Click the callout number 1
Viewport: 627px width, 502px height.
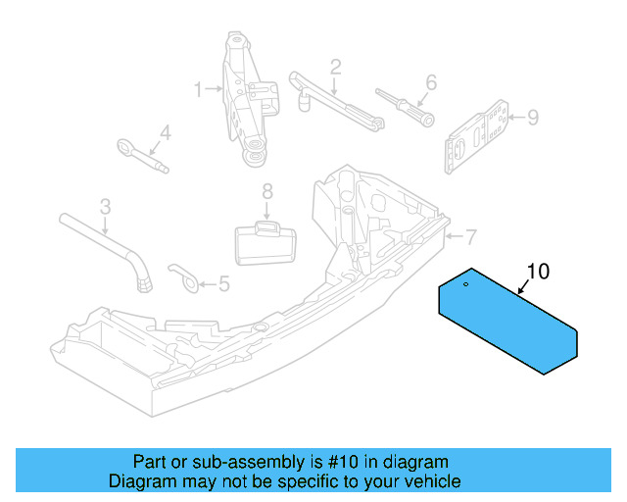pyautogui.click(x=199, y=90)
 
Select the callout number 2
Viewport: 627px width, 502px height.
pyautogui.click(x=335, y=67)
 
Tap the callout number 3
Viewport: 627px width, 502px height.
pyautogui.click(x=106, y=207)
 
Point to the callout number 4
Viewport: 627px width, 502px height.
pyautogui.click(x=165, y=131)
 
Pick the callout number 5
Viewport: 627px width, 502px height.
pyautogui.click(x=223, y=284)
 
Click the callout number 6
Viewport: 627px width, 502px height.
pyautogui.click(x=430, y=82)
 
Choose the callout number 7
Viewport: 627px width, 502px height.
pyautogui.click(x=470, y=236)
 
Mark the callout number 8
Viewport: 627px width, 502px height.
pyautogui.click(x=267, y=192)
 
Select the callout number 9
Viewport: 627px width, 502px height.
pyautogui.click(x=533, y=118)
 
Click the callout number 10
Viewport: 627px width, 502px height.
pyautogui.click(x=540, y=271)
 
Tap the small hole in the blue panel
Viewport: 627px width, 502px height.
pyautogui.click(x=466, y=285)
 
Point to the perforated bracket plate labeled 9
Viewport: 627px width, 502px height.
pyautogui.click(x=479, y=135)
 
